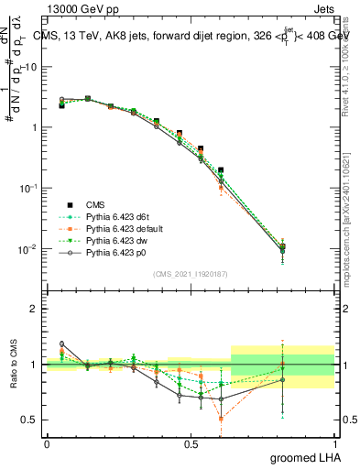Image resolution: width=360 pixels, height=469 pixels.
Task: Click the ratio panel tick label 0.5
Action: coord(29,420)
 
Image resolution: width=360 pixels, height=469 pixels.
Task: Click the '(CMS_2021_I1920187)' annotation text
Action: coord(191,274)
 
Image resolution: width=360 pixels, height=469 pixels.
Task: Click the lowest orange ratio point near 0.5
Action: coord(221,419)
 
